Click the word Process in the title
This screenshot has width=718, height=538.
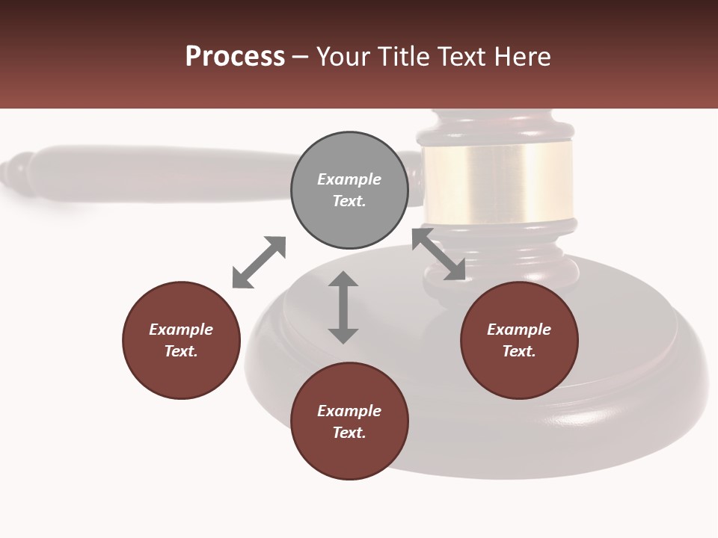pos(235,57)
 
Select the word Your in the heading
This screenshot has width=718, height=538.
pos(344,57)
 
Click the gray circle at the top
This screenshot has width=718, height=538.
pos(349,191)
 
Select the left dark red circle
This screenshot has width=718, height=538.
pos(181,340)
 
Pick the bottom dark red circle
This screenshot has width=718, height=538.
pos(349,421)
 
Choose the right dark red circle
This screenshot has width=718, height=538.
pos(519,340)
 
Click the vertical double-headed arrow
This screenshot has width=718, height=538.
pos(343,307)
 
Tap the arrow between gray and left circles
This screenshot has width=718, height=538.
pos(259,262)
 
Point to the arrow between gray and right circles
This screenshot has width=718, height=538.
pos(438,254)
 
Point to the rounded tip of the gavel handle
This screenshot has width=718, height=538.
pos(15,172)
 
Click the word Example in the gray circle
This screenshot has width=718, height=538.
pos(349,179)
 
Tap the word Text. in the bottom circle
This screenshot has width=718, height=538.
pos(349,433)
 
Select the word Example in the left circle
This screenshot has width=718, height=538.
pos(181,330)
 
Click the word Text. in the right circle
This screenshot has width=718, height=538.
pos(519,351)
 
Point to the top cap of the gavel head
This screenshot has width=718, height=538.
pos(496,124)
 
